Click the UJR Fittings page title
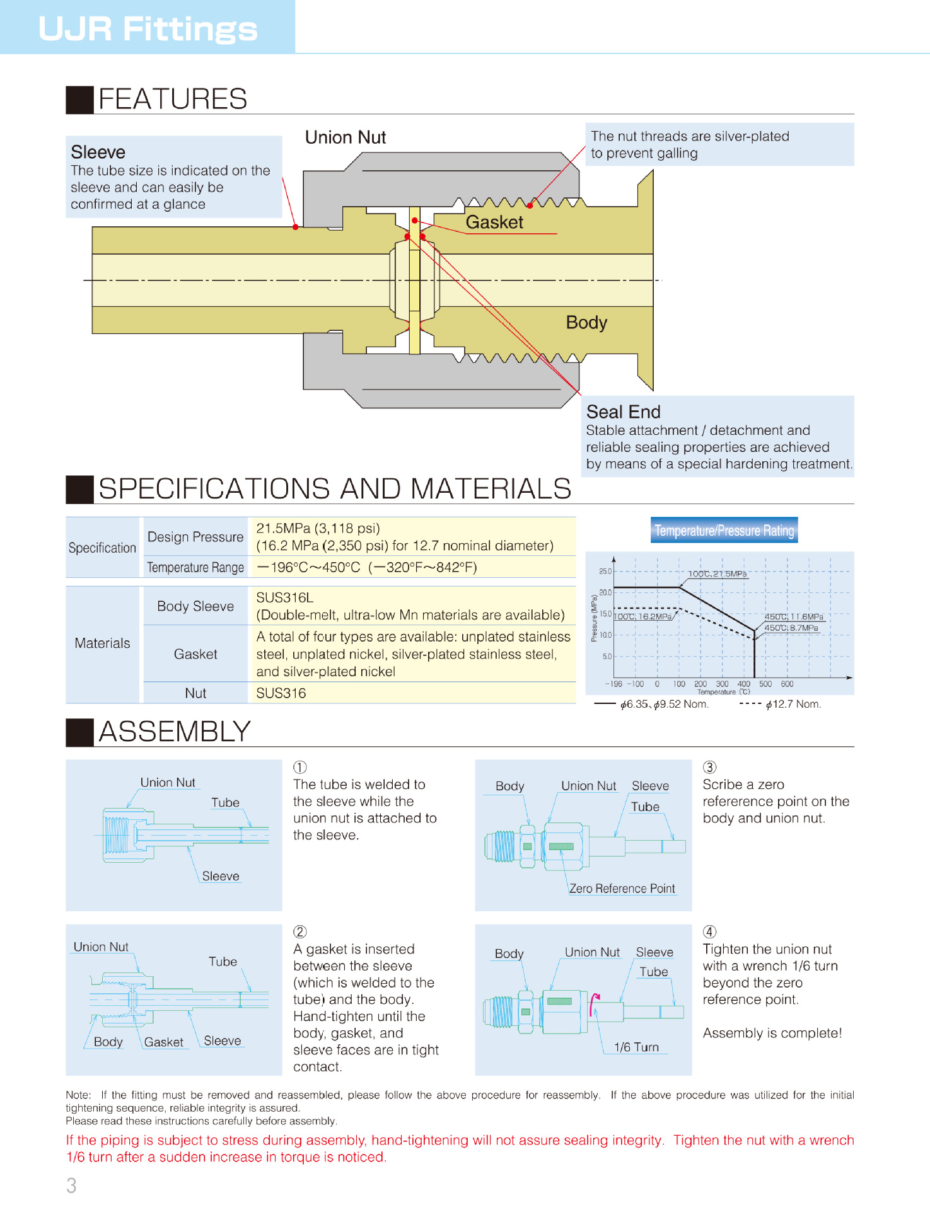pyautogui.click(x=148, y=28)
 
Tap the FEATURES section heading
pyautogui.click(x=172, y=99)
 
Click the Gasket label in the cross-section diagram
pyautogui.click(x=494, y=222)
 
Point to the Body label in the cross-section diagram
pyautogui.click(x=586, y=323)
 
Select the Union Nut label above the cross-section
pyautogui.click(x=345, y=137)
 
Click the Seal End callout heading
pyautogui.click(x=623, y=412)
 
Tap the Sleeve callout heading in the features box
pyautogui.click(x=98, y=153)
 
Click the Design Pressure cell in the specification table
pyautogui.click(x=195, y=537)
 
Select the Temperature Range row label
pyautogui.click(x=195, y=567)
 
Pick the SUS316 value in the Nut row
pyautogui.click(x=281, y=693)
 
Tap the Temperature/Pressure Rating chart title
pyautogui.click(x=724, y=531)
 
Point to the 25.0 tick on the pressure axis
pyautogui.click(x=605, y=572)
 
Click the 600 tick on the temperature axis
pyautogui.click(x=787, y=684)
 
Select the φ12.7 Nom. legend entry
pyautogui.click(x=793, y=704)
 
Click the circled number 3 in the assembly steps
pyautogui.click(x=710, y=767)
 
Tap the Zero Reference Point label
pyautogui.click(x=622, y=889)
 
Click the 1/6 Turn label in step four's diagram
pyautogui.click(x=636, y=1047)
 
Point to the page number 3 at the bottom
pyautogui.click(x=71, y=1185)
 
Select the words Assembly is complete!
pyautogui.click(x=772, y=1034)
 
